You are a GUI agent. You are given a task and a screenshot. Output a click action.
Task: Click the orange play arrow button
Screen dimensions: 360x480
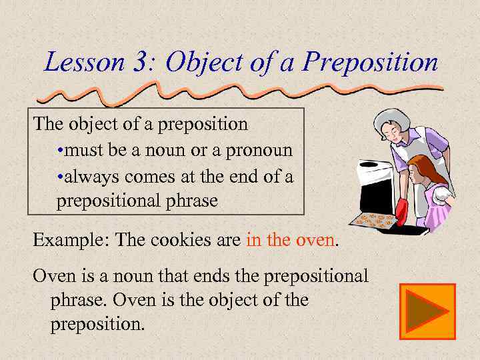[427, 311]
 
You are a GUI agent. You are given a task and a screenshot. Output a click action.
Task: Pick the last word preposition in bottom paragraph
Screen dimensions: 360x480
[96, 325]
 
